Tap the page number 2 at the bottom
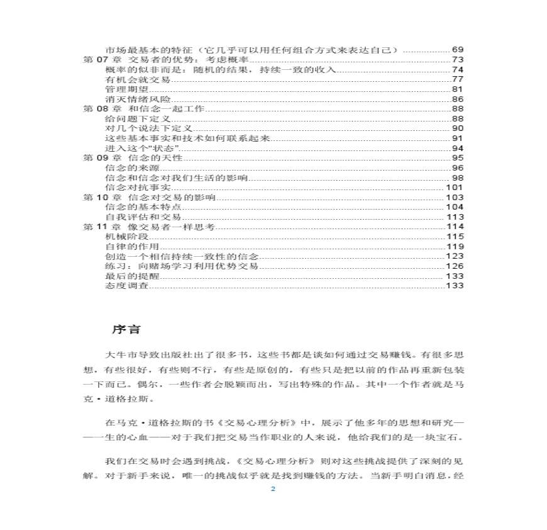273,490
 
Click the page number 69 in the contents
458,50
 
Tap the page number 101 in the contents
455,188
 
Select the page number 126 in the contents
455,266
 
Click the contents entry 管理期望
123,89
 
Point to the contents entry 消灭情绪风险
131,99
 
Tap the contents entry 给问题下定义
131,118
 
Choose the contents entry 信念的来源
126,168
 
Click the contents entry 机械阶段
123,237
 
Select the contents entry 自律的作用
126,247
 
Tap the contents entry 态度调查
123,286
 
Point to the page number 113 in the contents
455,217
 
